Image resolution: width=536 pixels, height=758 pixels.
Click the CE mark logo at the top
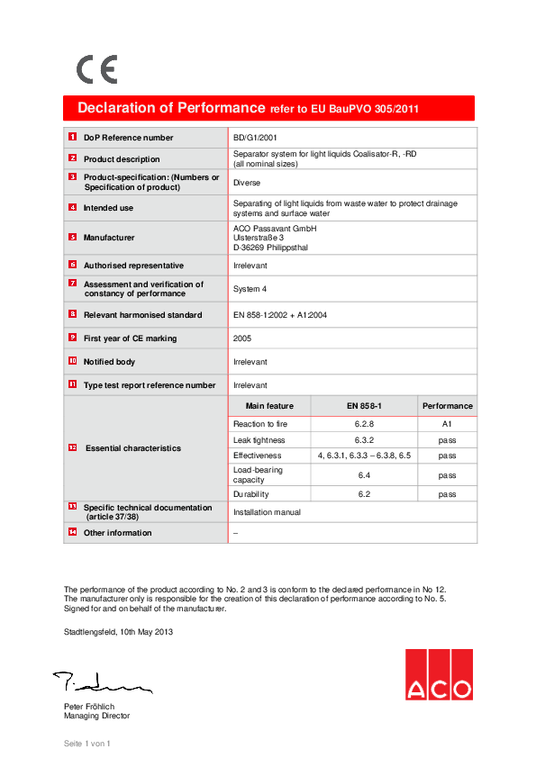coord(96,69)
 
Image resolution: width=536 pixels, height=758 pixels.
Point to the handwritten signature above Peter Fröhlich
coord(100,681)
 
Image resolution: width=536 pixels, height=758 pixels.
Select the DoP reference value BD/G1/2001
coord(256,138)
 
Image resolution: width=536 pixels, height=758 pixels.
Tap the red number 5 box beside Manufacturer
coord(72,237)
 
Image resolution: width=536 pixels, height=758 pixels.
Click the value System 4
coord(250,289)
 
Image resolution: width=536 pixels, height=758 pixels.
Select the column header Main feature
coord(269,406)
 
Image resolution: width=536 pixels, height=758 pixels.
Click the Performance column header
coord(447,406)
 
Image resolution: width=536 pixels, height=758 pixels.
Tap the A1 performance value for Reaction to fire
coord(447,423)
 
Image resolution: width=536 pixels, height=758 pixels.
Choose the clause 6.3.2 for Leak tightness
coord(364,440)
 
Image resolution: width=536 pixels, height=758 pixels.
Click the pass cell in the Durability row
coord(447,494)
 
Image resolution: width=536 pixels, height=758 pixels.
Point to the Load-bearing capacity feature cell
coord(258,474)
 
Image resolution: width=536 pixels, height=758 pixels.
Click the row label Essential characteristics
coord(132,448)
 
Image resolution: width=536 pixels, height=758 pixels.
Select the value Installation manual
coord(267,512)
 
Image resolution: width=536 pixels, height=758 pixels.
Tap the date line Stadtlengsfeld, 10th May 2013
coord(118,632)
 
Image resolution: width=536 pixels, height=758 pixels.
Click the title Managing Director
coord(96,716)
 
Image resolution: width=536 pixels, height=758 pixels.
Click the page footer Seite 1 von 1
coord(86,744)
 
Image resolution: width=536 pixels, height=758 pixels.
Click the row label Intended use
coord(108,208)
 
